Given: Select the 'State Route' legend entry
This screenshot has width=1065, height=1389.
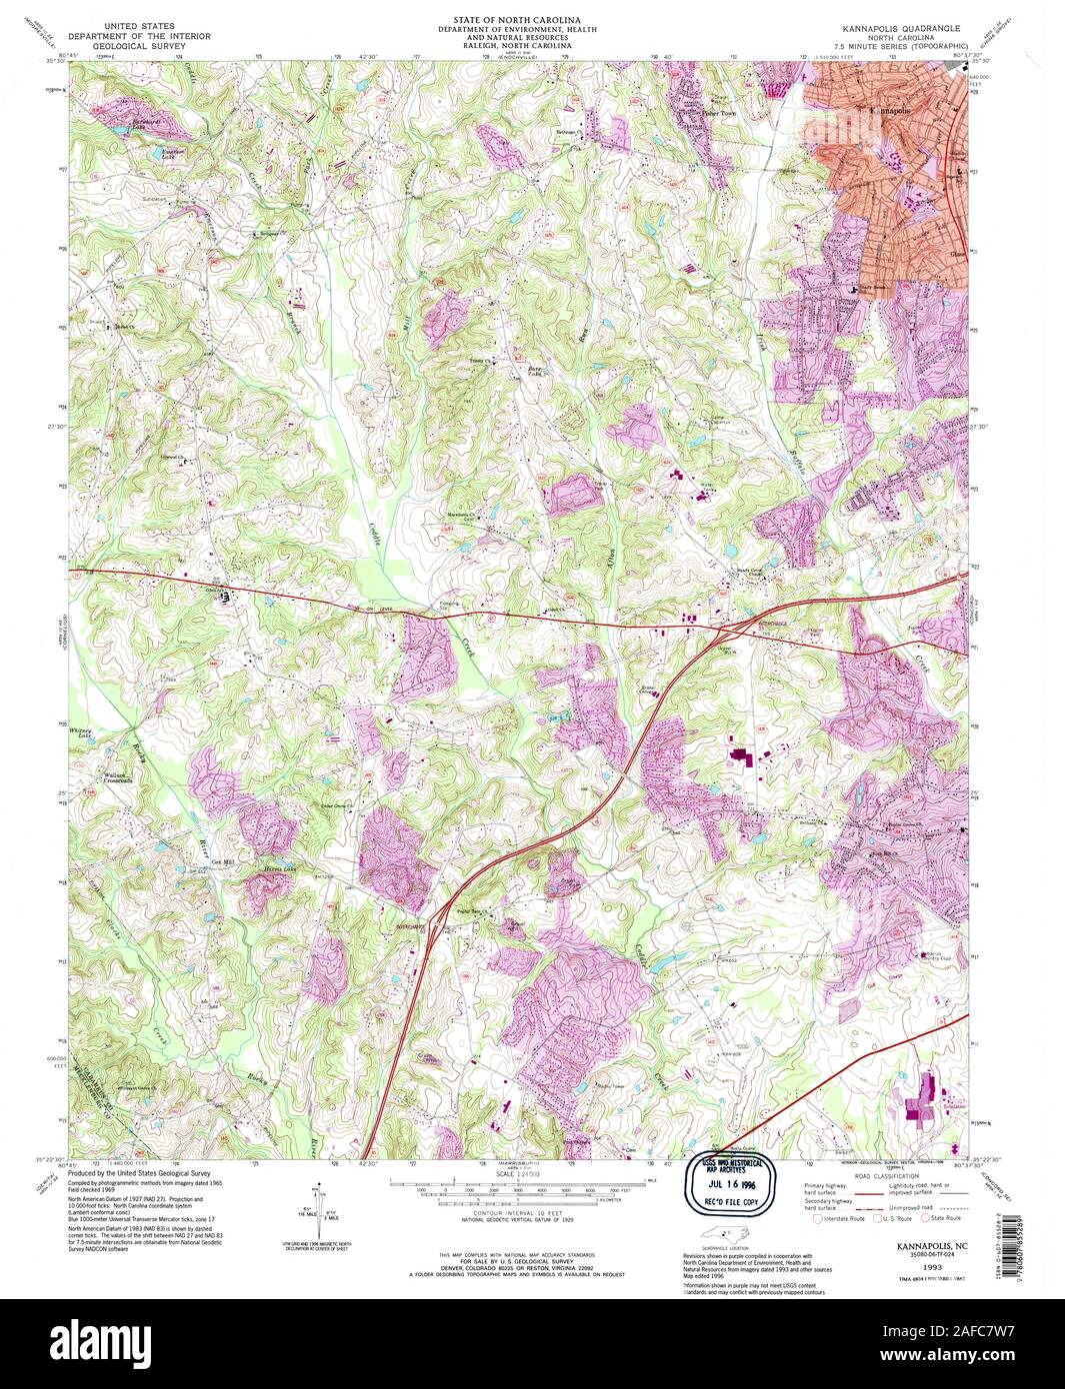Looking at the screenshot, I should click(x=944, y=1218).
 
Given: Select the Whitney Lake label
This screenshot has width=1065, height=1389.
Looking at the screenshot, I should click(x=82, y=732).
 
